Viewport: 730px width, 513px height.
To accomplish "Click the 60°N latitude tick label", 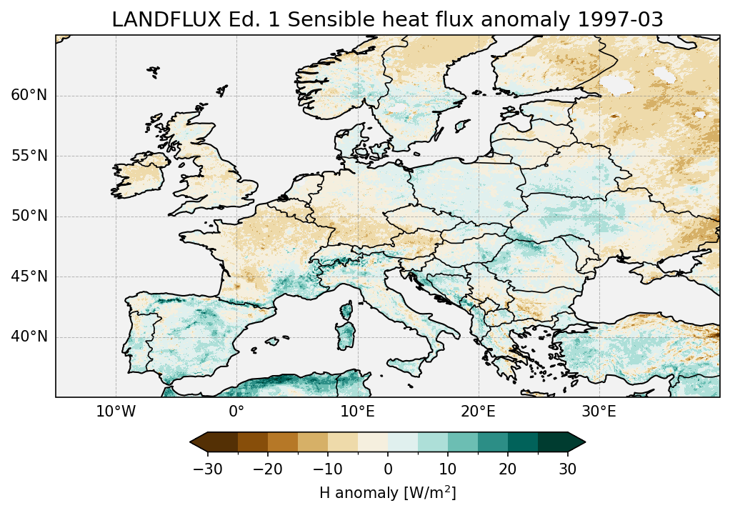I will point(29,96).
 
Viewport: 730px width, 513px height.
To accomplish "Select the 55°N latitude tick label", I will point(29,156).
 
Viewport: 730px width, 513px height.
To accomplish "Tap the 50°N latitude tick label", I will point(29,216).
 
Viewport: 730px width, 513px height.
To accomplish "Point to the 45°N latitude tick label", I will point(29,277).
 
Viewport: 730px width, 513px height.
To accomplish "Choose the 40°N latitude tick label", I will point(29,337).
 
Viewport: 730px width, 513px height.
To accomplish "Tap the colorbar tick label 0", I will point(388,469).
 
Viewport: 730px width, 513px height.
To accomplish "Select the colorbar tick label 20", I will point(508,469).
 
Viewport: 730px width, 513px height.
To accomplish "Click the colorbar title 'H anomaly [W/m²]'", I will point(387,492).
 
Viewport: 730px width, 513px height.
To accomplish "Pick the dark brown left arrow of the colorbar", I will point(199,442).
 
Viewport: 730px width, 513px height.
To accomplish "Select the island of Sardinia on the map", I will point(346,334).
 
